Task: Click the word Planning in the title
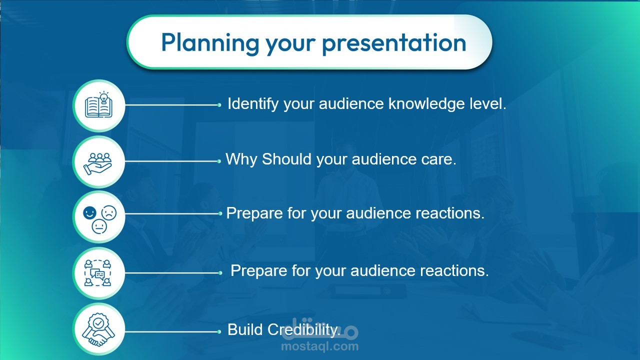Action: [210, 43]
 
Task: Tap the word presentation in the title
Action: [394, 43]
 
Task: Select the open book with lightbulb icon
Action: [98, 104]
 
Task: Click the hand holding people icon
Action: [97, 163]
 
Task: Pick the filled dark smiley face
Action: [89, 213]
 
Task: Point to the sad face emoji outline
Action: [109, 213]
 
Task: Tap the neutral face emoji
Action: [99, 226]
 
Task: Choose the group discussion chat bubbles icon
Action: [97, 273]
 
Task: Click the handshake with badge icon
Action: [98, 329]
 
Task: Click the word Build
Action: [245, 329]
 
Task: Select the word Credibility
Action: [303, 330]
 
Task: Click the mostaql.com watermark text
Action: [319, 346]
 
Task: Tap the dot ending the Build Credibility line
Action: [219, 331]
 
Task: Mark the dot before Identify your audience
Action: [219, 105]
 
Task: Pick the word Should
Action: [286, 159]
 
